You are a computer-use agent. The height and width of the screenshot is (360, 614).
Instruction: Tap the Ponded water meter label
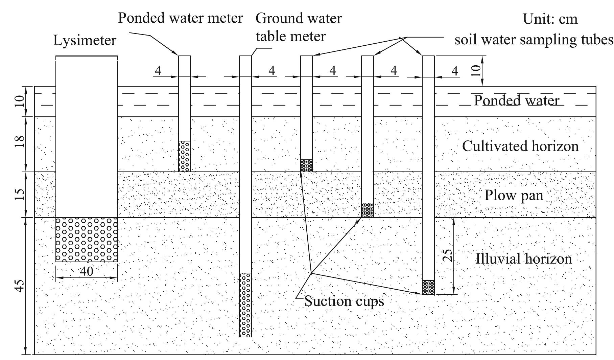(x=180, y=18)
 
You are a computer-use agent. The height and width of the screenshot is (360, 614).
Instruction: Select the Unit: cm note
(x=550, y=19)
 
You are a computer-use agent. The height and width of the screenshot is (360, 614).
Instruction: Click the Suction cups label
(x=344, y=301)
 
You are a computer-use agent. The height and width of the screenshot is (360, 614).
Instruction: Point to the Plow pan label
(x=514, y=196)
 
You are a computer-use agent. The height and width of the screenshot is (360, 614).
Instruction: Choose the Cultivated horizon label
(x=520, y=146)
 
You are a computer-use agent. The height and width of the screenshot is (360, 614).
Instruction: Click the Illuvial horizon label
(x=524, y=259)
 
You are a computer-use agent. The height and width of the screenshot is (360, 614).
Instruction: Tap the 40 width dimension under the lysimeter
(x=86, y=271)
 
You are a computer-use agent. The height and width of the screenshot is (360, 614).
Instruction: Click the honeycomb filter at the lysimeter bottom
(x=87, y=240)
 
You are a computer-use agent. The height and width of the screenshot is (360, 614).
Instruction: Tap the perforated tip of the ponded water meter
(x=184, y=156)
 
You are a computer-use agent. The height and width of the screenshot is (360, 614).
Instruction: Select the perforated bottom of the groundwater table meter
(x=245, y=305)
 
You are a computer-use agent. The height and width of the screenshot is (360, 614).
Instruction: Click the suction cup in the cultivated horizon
(x=306, y=165)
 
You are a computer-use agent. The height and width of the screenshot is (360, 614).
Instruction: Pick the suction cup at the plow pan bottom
(x=368, y=210)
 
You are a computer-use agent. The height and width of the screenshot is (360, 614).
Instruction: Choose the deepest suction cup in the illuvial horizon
(x=428, y=287)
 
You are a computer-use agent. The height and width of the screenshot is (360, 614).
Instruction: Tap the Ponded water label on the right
(x=517, y=101)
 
